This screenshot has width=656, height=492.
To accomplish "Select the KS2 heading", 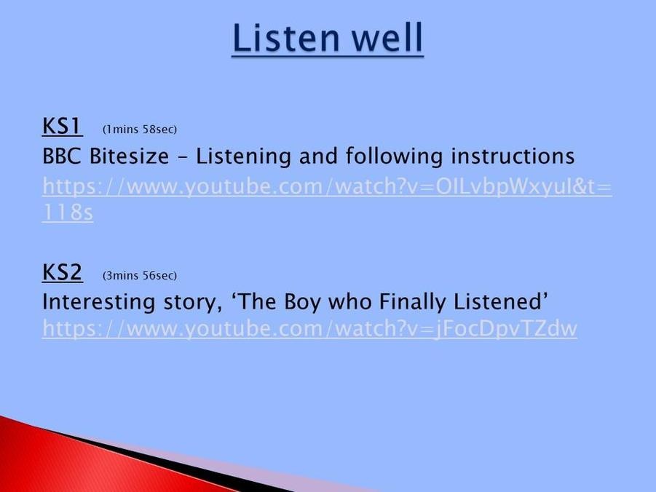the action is tap(62, 272).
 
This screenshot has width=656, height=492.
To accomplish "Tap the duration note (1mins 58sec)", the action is tap(140, 130).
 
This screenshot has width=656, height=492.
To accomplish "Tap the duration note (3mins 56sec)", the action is tap(140, 275).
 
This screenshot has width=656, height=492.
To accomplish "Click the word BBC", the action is tap(61, 156).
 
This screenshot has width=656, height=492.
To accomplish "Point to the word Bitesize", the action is tap(130, 156).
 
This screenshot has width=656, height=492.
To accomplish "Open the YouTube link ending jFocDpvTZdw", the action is tap(309, 328).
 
